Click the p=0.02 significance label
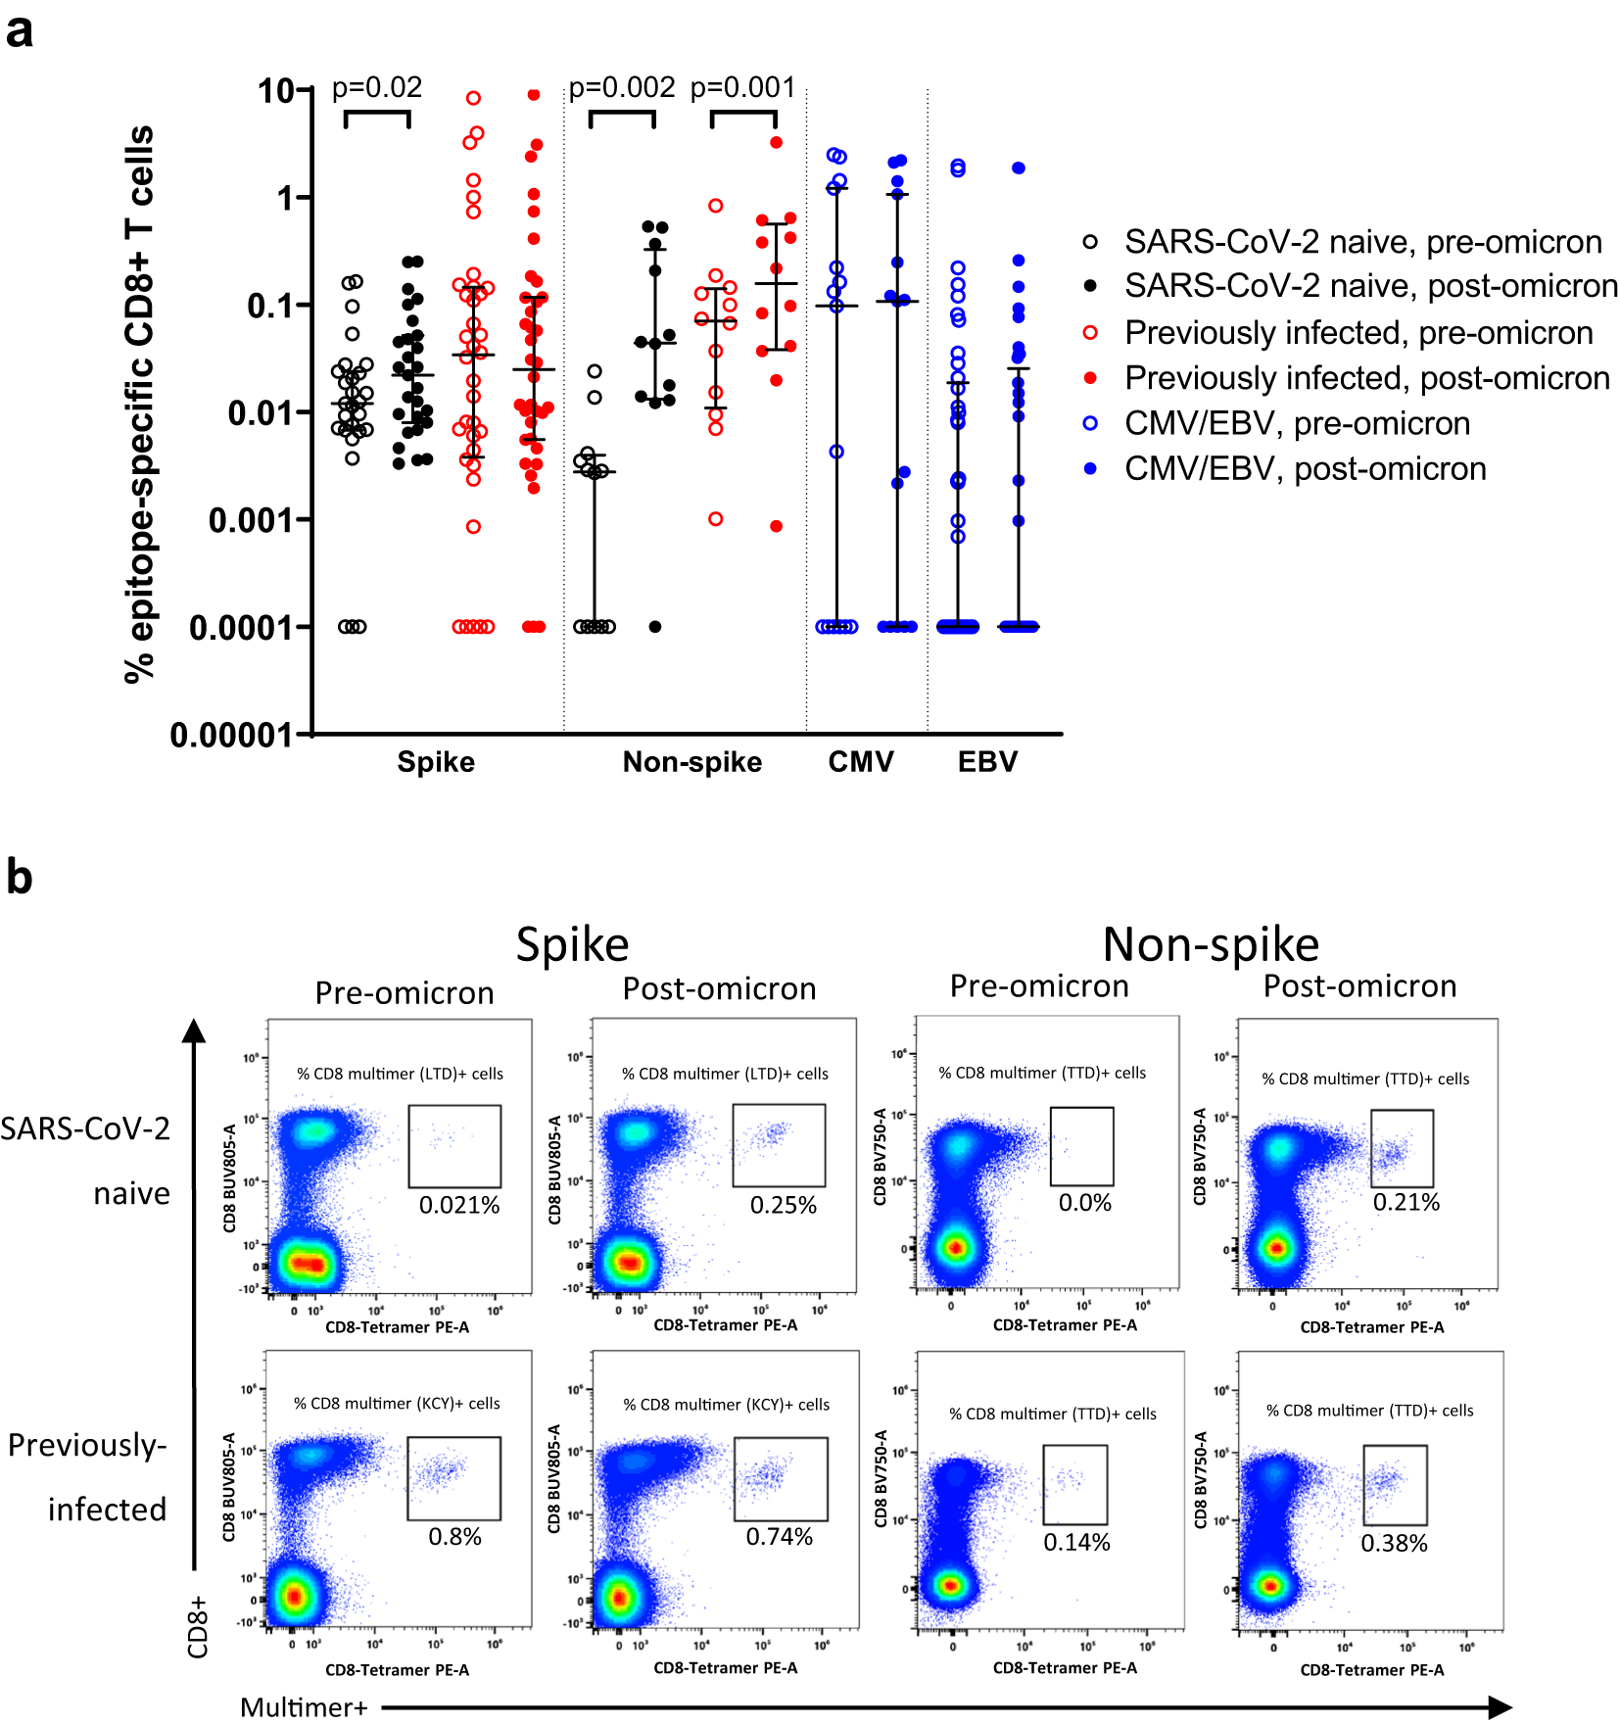click(x=377, y=88)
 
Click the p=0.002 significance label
click(x=622, y=88)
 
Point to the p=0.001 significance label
click(x=743, y=88)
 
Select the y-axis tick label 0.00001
click(x=231, y=735)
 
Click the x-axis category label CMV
click(x=861, y=762)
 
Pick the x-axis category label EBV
click(x=987, y=762)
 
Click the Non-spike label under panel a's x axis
click(x=692, y=762)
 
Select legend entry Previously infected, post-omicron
click(x=1366, y=378)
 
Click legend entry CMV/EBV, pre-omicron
click(x=1297, y=423)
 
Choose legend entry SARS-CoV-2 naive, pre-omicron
click(x=1362, y=242)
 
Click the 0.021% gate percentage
click(x=459, y=1205)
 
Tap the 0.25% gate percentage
click(x=783, y=1205)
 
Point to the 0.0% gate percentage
click(x=1084, y=1203)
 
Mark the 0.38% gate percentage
click(x=1394, y=1544)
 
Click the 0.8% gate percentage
click(x=454, y=1537)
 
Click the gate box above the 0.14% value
click(x=1075, y=1484)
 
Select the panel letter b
click(x=20, y=877)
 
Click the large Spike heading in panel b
click(x=572, y=945)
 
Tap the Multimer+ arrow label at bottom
click(x=304, y=1708)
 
